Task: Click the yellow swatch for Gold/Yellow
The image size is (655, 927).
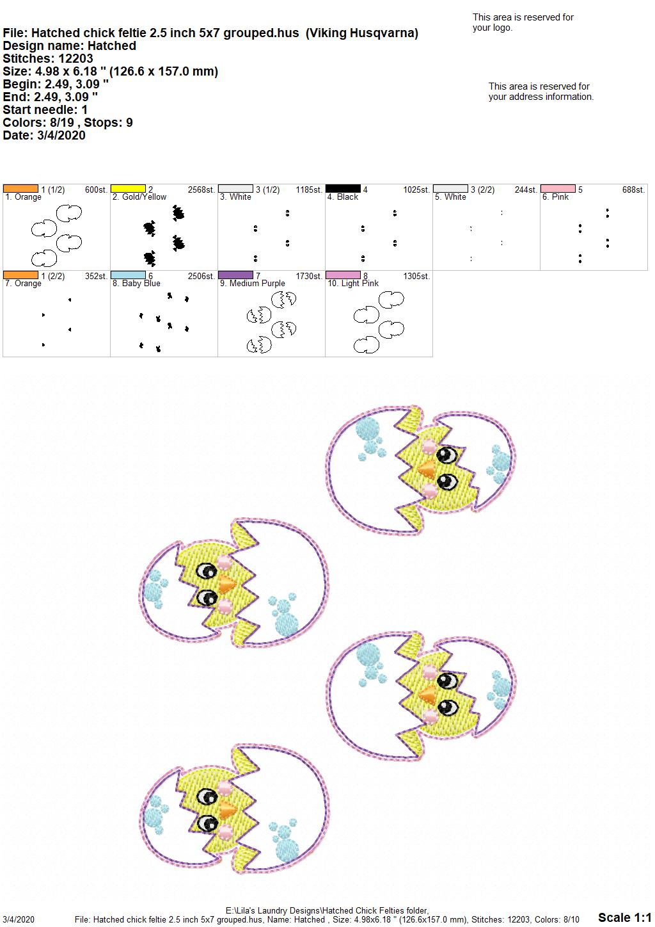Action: point(128,189)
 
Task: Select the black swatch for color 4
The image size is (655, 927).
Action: point(343,189)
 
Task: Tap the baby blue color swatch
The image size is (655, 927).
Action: point(128,275)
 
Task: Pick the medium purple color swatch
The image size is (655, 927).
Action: point(235,275)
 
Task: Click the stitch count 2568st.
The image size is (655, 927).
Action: point(201,189)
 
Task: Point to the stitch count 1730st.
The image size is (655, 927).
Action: point(309,276)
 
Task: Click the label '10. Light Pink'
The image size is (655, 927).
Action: point(353,283)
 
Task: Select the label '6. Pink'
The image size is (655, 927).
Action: point(555,197)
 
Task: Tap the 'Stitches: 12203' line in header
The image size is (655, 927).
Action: point(48,58)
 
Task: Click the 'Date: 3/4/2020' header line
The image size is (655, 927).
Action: point(44,135)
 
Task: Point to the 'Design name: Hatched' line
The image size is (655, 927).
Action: point(70,45)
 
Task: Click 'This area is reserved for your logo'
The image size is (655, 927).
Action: point(523,22)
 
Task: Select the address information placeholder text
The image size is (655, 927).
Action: point(541,92)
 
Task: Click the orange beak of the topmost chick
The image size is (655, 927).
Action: point(427,468)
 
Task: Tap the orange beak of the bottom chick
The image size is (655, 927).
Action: point(227,807)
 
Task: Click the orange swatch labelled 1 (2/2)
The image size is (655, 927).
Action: point(20,275)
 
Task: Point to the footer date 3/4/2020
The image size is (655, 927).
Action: point(18,919)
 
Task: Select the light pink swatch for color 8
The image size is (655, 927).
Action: point(343,275)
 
